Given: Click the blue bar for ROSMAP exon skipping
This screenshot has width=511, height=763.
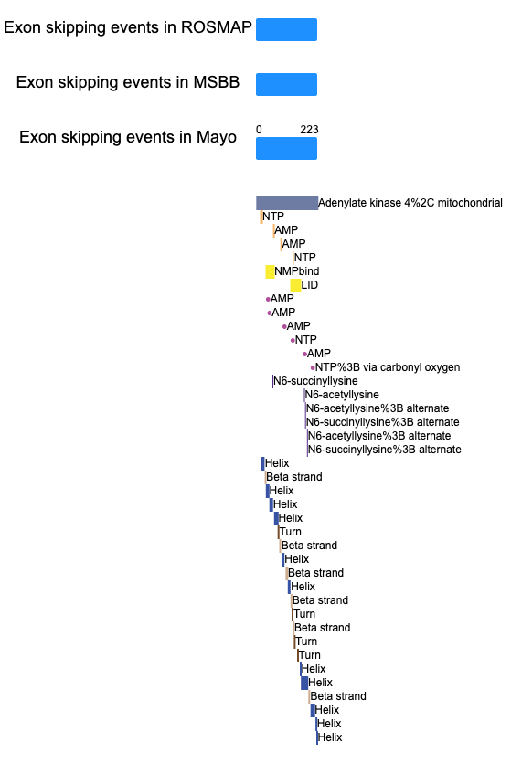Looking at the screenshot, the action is tap(287, 29).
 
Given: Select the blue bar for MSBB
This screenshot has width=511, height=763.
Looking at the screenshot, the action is tap(287, 84).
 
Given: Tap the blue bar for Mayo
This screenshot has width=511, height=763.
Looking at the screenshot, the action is tap(287, 148).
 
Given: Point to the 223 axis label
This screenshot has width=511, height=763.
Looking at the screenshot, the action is tap(309, 130).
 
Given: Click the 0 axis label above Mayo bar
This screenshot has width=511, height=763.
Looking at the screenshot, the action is tap(259, 130).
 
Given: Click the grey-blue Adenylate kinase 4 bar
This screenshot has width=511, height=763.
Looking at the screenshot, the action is tap(287, 204).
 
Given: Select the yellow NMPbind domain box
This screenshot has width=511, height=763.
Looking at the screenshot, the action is tap(270, 271).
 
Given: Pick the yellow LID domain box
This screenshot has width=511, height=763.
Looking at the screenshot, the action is tap(295, 285).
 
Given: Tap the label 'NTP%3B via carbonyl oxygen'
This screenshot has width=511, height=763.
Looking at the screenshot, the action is tap(388, 367).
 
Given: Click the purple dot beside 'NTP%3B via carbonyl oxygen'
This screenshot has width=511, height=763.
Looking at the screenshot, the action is tap(313, 368).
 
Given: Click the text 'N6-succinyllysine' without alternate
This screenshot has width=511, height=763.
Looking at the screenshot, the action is tap(315, 381).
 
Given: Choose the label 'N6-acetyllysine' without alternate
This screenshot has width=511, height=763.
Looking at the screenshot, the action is tap(342, 395).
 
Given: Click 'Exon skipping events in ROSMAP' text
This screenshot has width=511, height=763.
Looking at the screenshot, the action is tap(128, 27).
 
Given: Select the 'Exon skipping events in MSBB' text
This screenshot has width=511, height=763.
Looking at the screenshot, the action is tap(128, 82).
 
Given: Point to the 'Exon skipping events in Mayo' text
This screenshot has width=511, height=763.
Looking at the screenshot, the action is tap(128, 137).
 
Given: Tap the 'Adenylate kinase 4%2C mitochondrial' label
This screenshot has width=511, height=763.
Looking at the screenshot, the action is tap(410, 203).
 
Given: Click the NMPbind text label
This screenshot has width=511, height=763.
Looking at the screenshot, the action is tap(297, 271).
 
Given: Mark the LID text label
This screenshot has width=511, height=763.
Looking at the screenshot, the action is tap(310, 285).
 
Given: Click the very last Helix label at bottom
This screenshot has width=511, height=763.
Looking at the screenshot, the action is tap(330, 737).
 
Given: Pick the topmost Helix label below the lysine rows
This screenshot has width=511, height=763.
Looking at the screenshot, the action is tap(277, 463).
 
